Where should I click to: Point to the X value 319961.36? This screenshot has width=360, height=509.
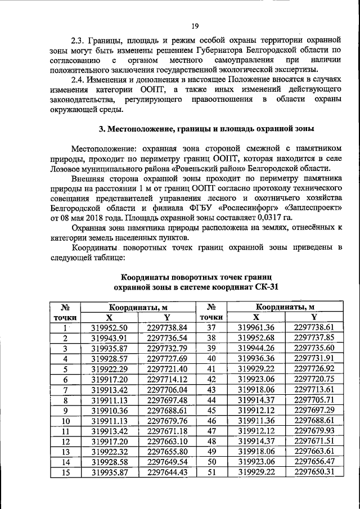[256, 327]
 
